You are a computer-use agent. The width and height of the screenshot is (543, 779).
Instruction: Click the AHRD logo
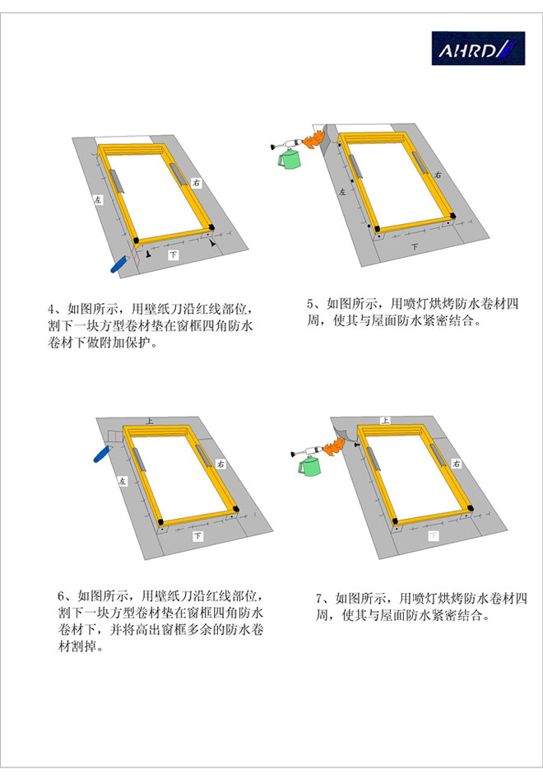point(478,49)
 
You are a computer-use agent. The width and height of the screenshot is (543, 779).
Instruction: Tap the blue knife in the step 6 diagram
point(102,454)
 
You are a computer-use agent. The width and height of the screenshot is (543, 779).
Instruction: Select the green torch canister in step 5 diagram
point(288,159)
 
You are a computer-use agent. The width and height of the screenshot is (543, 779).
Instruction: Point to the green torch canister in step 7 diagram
point(309,466)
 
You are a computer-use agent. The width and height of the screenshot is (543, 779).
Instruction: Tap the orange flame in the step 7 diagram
point(332,446)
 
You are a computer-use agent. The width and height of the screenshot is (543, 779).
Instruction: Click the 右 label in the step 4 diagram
point(197,183)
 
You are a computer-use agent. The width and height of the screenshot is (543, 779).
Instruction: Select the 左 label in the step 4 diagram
point(98,200)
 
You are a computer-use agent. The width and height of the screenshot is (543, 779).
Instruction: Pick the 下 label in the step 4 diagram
point(174,255)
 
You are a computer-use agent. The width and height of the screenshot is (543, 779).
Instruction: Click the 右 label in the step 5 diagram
point(437,175)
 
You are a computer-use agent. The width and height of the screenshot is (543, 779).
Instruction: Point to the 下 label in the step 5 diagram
point(415,246)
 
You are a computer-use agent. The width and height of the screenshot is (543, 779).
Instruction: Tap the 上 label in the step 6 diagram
point(150,422)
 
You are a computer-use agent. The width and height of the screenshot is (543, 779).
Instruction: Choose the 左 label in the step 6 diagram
point(123,481)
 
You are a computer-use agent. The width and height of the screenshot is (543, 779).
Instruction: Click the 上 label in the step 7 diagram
point(385,420)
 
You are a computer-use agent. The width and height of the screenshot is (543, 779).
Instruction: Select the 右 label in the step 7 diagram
point(456,464)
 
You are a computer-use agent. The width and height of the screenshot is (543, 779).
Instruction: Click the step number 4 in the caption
point(51,310)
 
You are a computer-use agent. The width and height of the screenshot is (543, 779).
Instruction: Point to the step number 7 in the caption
point(319,598)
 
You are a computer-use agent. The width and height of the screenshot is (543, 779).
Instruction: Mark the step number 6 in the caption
point(61,596)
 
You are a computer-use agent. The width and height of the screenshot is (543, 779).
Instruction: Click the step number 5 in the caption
point(310,304)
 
